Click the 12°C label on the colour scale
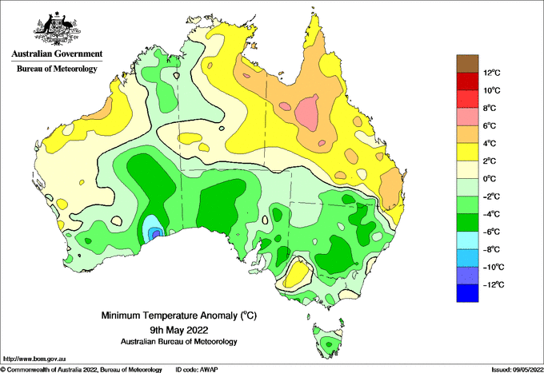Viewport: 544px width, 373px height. (x=492, y=73)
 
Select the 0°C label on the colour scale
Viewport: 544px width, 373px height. (x=490, y=179)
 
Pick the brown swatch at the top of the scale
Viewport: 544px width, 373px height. (x=467, y=63)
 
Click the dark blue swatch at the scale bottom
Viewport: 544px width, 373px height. (x=467, y=293)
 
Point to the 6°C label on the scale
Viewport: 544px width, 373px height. (x=490, y=125)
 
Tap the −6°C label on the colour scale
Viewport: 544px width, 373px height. (x=491, y=232)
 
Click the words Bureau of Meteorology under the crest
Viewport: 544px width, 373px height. (x=57, y=69)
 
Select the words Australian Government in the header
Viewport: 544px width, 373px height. (x=57, y=54)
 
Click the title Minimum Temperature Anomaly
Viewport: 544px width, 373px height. (x=178, y=315)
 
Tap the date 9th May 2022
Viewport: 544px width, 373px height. (x=178, y=329)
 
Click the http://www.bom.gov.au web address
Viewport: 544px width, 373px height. (x=34, y=359)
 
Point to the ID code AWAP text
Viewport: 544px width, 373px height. (x=196, y=370)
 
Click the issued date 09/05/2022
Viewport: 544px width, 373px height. (x=517, y=370)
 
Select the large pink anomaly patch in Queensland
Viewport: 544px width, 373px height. (x=307, y=112)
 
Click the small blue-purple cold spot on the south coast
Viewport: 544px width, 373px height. (x=157, y=234)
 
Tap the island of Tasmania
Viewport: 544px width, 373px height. (x=328, y=339)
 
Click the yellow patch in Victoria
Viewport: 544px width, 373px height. (x=298, y=274)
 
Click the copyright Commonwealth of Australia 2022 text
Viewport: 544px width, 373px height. (x=81, y=370)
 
